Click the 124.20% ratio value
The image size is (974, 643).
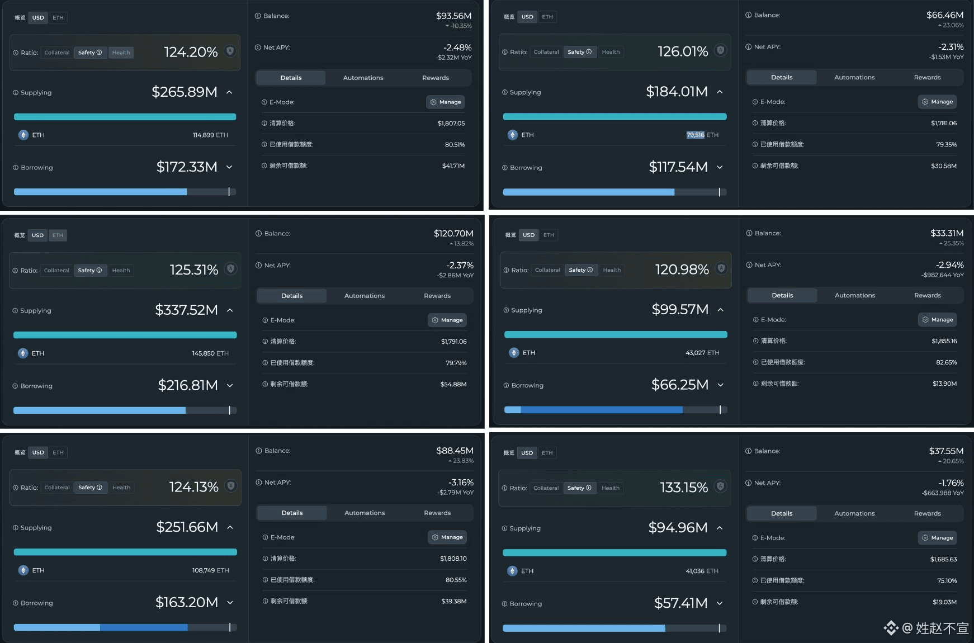pos(191,52)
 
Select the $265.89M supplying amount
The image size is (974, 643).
pos(185,92)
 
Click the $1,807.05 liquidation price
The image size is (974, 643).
pos(451,124)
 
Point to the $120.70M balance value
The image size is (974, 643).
pos(453,233)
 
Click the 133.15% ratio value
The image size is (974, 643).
pos(684,488)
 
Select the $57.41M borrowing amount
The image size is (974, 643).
pos(680,603)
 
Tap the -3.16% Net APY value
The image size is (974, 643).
pos(461,482)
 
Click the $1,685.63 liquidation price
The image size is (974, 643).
pos(943,559)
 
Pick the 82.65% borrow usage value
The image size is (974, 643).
pos(946,362)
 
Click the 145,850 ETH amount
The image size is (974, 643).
pos(210,353)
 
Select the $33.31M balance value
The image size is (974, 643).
pos(947,233)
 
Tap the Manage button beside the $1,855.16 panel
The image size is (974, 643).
pos(938,320)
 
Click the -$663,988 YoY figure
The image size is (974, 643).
pos(943,493)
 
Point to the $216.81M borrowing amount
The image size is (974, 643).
pos(188,385)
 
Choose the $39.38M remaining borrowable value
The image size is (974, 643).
pos(453,602)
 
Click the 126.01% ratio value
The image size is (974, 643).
pos(683,51)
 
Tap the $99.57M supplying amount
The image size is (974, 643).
pos(680,309)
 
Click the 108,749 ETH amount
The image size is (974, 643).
pos(210,570)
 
